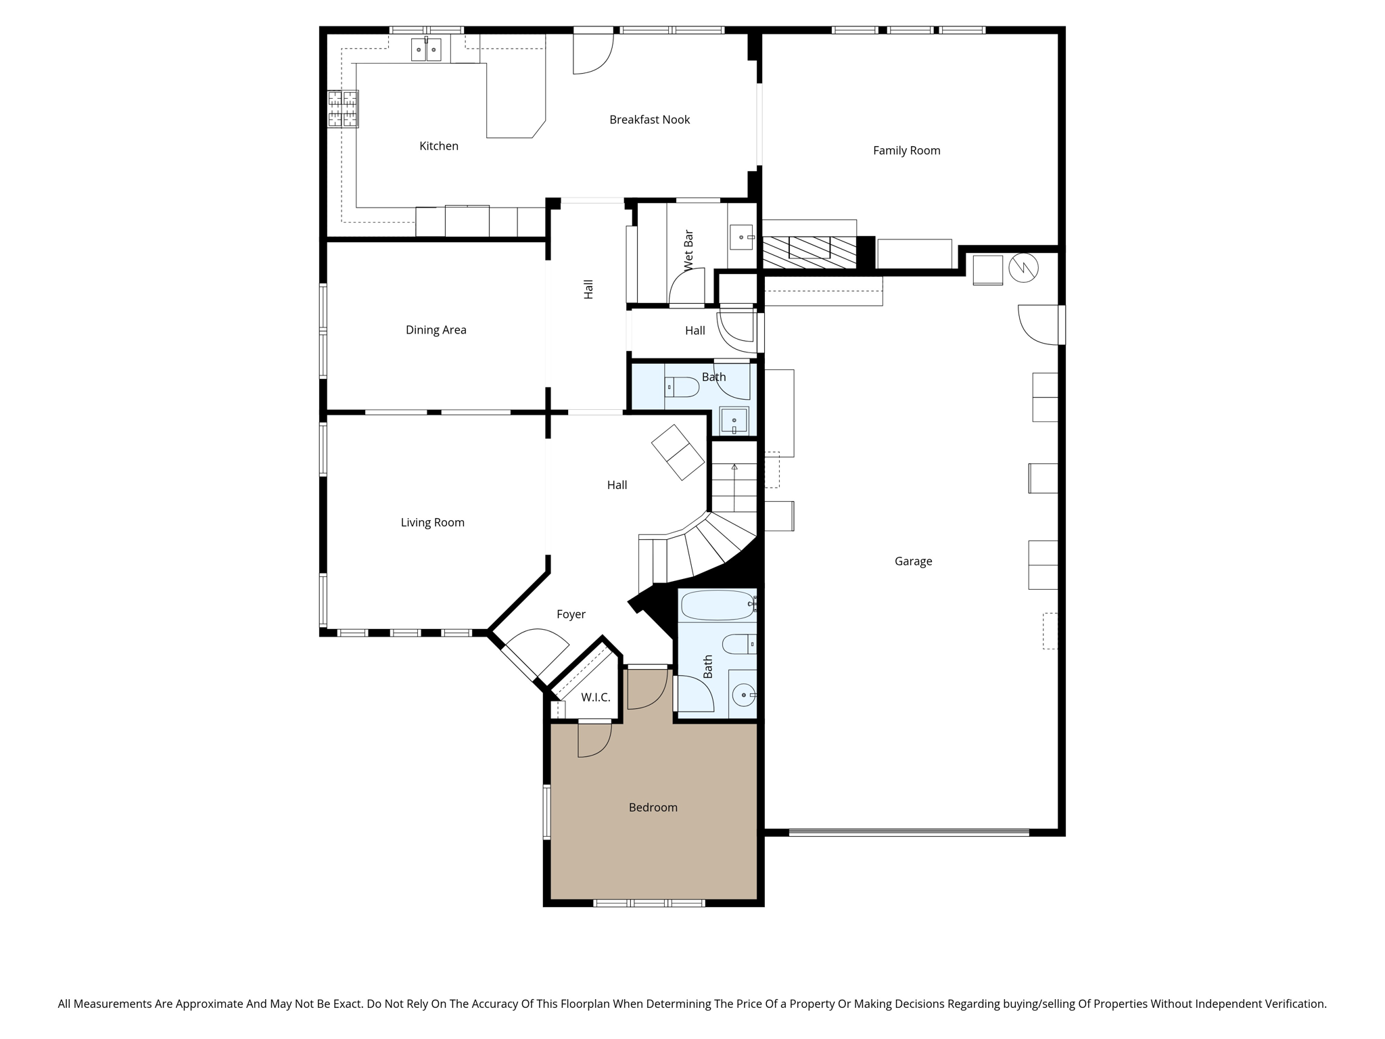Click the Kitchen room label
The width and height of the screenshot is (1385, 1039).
pos(439,146)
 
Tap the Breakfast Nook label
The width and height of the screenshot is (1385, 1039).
pos(649,120)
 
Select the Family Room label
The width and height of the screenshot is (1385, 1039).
pos(906,151)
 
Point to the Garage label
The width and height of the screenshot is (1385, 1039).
pos(913,561)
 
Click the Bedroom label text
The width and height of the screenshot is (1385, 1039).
pos(653,808)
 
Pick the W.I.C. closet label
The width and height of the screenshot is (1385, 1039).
pos(595,697)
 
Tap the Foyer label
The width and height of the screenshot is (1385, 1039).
pos(571,614)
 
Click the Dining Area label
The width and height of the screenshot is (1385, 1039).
pos(436,330)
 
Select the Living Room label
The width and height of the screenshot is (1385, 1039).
pos(432,523)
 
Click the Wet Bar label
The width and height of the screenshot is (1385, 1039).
pos(688,251)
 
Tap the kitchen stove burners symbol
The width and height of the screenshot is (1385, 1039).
pos(343,109)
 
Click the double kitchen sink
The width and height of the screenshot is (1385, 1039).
pos(426,50)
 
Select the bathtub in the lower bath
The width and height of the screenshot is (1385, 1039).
pos(717,605)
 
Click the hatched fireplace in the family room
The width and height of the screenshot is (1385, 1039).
pos(809,252)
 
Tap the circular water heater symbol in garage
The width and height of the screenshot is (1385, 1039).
pos(1023,268)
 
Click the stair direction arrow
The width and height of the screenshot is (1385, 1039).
pos(734,467)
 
